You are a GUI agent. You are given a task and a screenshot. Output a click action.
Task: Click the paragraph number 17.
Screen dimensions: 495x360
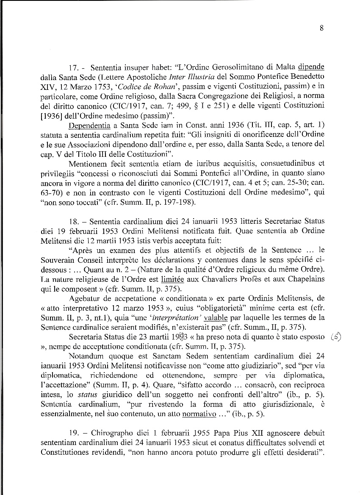tap(72, 68)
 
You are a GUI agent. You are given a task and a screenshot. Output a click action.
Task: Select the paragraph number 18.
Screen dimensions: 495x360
tap(72, 222)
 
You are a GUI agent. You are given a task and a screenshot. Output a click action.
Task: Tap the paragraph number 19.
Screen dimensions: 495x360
tap(73, 433)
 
